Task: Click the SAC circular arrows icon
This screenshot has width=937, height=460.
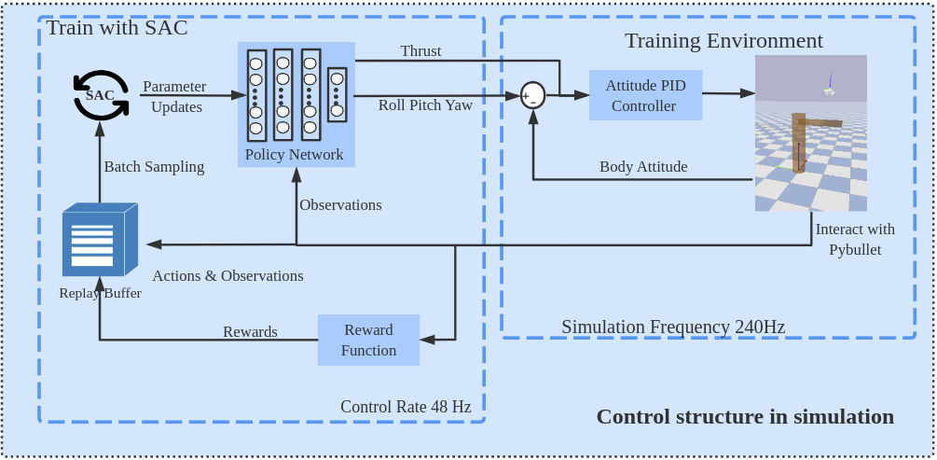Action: [x=101, y=95]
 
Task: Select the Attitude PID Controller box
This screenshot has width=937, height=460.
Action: [x=645, y=95]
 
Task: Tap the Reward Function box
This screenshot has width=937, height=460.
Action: [x=368, y=341]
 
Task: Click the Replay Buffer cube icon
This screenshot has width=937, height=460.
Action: [x=100, y=240]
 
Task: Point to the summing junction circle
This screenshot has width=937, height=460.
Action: [x=532, y=95]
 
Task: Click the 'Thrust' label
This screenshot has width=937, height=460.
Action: [x=420, y=51]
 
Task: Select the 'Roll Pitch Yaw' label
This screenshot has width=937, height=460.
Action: [x=425, y=105]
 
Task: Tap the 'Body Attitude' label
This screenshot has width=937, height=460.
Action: [x=643, y=167]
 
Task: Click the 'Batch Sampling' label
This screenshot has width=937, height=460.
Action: [x=154, y=167]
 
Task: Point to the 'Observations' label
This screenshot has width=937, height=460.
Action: [x=340, y=205]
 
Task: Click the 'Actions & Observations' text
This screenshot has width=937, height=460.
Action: [x=227, y=276]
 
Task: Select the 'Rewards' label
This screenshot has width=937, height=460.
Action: [x=250, y=332]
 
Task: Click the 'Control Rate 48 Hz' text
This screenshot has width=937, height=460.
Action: [x=406, y=407]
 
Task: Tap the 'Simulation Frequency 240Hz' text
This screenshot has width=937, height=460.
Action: [x=673, y=327]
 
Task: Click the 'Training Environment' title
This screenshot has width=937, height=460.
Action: [x=723, y=41]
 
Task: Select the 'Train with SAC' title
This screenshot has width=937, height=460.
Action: [x=117, y=28]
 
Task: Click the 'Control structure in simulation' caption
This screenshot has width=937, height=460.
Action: [x=745, y=417]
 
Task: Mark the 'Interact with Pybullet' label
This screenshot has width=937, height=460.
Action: [x=855, y=240]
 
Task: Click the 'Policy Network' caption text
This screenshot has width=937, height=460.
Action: [x=294, y=155]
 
